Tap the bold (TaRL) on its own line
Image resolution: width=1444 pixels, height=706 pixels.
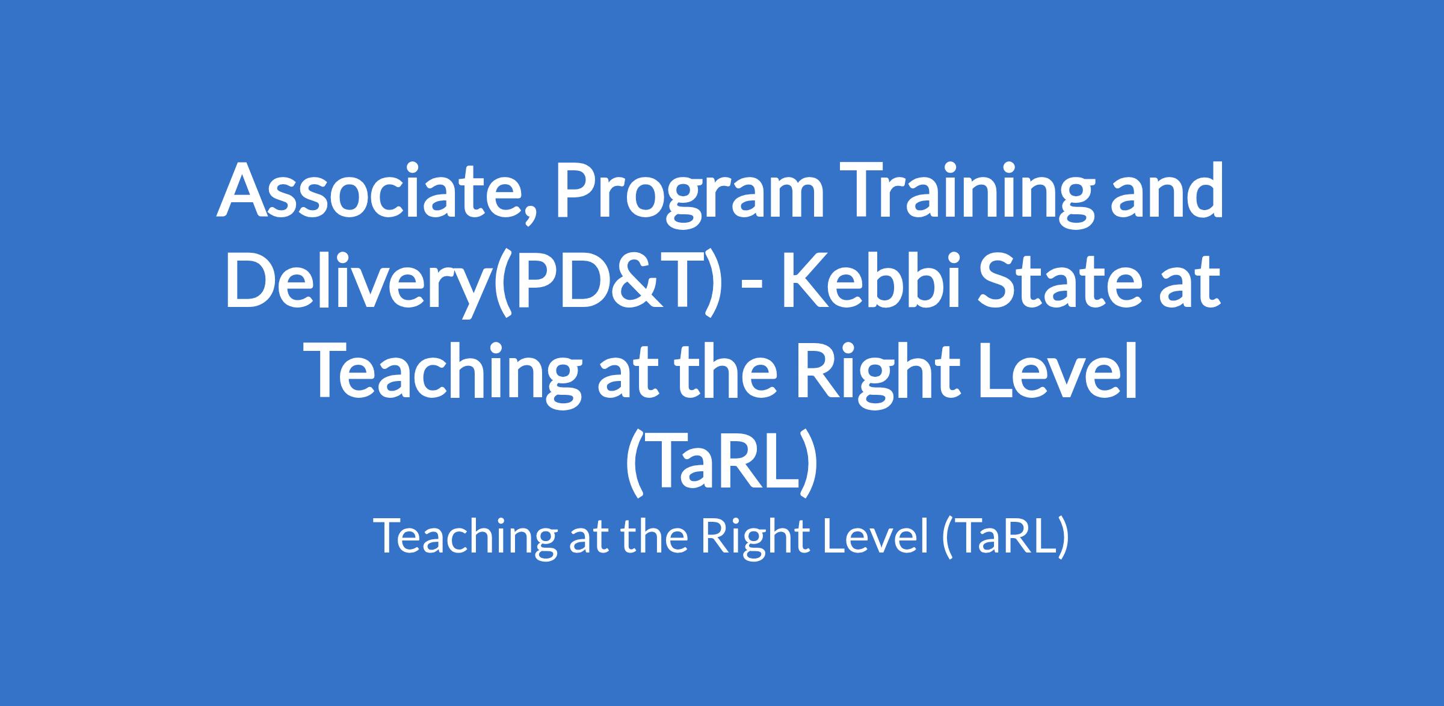point(721,462)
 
